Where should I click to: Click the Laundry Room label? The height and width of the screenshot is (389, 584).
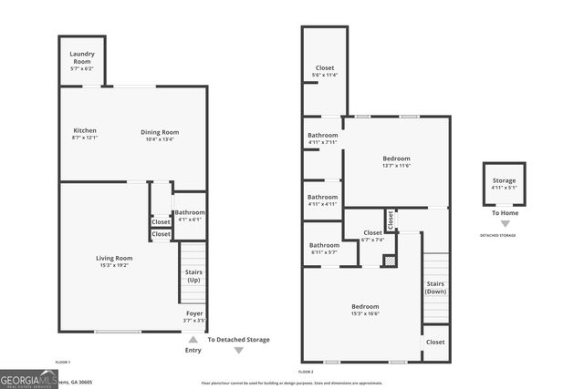coord(82,61)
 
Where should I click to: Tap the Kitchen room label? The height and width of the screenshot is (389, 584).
coord(84,131)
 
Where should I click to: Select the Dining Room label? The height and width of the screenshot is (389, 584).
coord(159,132)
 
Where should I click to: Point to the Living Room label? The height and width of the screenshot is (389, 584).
coord(114,258)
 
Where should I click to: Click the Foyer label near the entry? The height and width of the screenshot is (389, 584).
coord(193,314)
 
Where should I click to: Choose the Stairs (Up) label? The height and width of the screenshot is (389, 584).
coord(193,275)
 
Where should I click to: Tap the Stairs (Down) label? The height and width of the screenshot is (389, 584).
coord(436,287)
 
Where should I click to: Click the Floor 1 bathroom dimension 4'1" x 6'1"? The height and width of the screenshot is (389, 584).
coord(189,220)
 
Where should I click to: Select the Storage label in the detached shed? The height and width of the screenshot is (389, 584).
coord(504,180)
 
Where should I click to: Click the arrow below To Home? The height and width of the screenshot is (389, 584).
coord(505,223)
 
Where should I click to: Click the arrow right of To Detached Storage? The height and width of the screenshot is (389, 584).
coord(238,350)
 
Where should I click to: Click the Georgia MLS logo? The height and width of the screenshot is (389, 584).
coord(28,378)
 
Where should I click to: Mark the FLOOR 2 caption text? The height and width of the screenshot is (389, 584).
coord(306,372)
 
